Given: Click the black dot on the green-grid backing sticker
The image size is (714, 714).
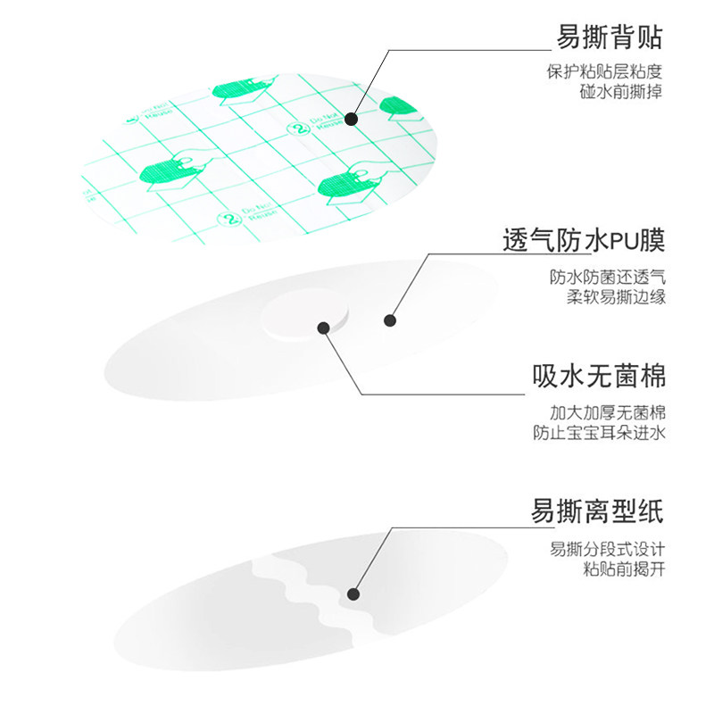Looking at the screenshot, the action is point(351,118).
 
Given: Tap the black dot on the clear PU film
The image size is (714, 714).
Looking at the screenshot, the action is point(389,320).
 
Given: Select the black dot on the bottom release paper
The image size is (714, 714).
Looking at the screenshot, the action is point(353,594).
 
